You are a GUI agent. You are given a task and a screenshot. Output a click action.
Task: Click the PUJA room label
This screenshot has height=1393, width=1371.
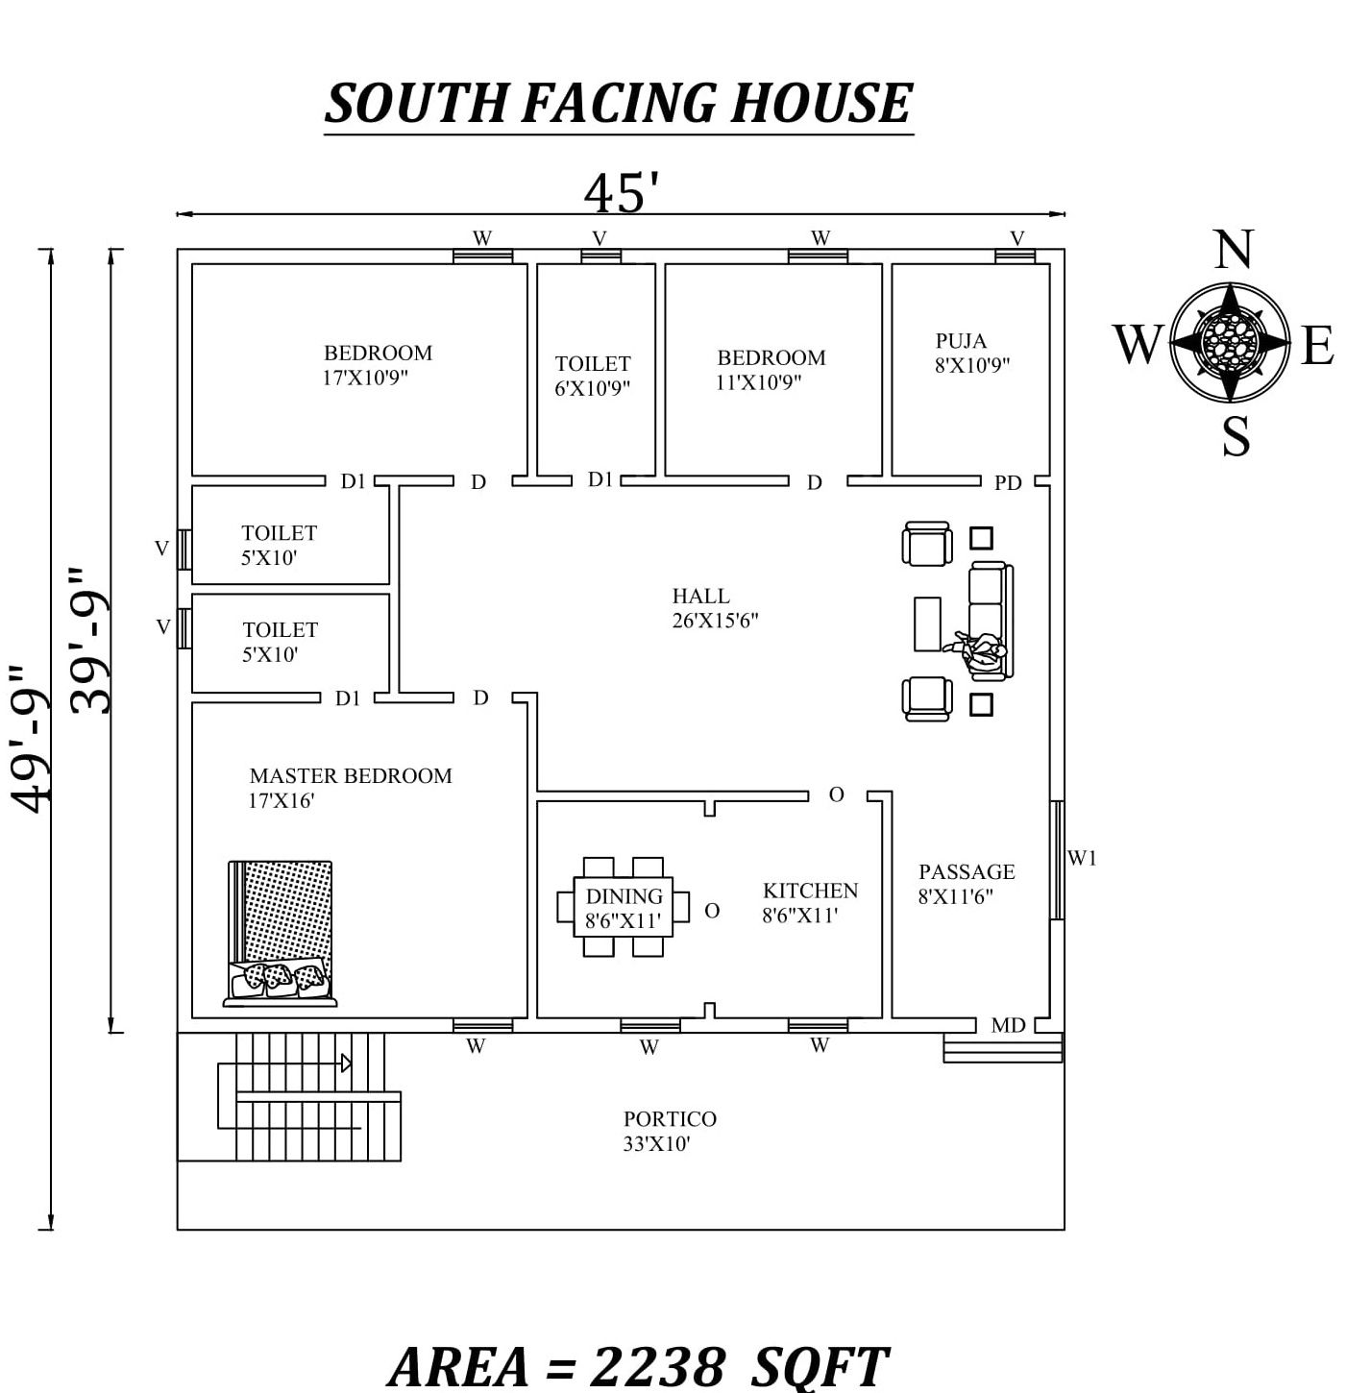[x=962, y=342]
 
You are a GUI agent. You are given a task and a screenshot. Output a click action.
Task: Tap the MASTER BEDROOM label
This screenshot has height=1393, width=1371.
[x=350, y=776]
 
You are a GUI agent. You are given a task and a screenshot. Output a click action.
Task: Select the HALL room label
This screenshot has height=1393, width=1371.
[x=700, y=597]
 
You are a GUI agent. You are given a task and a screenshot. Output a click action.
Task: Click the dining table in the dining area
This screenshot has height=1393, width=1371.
[x=624, y=907]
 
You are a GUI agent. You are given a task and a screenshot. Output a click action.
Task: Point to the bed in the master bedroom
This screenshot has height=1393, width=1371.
[x=281, y=933]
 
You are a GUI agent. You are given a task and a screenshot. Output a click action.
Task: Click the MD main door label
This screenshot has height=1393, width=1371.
[x=1008, y=1026]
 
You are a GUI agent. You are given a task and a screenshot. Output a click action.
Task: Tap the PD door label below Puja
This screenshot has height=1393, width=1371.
[x=1008, y=483]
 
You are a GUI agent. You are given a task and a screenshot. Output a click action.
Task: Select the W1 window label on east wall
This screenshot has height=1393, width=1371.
[x=1082, y=859]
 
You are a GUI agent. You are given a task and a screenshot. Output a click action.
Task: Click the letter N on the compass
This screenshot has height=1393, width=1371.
[x=1233, y=252]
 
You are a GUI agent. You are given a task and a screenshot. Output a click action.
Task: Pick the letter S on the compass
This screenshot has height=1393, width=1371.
[x=1236, y=437]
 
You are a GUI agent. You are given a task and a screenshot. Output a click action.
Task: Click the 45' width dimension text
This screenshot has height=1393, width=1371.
[x=622, y=193]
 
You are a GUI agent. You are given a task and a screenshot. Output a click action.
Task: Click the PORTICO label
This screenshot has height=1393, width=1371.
[x=670, y=1119]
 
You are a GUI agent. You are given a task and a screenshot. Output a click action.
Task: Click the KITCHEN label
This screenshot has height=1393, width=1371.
[x=810, y=892]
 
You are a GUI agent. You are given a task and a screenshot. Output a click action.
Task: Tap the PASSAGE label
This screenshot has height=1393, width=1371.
[x=967, y=872]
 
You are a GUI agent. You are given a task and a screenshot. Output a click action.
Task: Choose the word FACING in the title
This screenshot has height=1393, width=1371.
[x=619, y=104]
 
